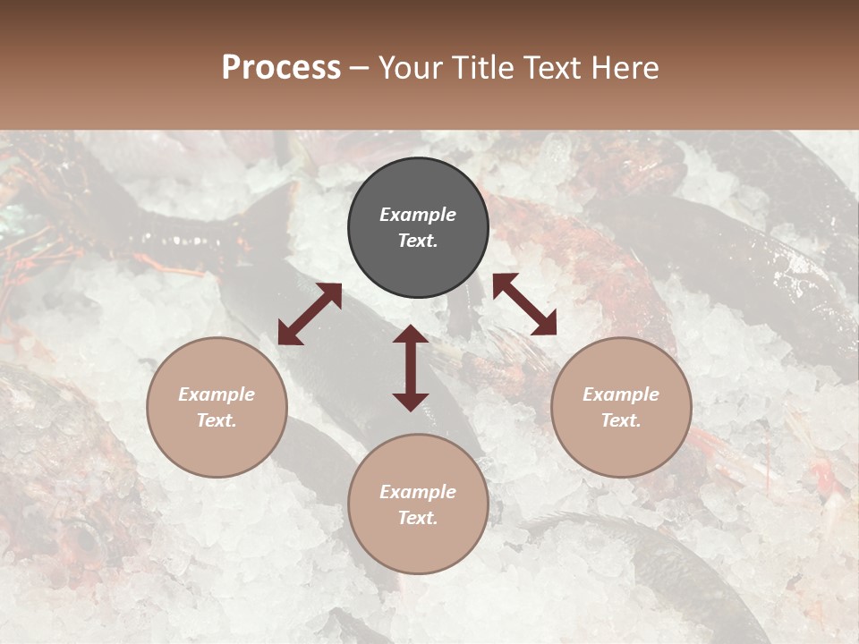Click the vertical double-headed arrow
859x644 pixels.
[x=411, y=368]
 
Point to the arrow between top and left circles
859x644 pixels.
[x=310, y=314]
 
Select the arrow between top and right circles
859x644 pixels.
[x=524, y=304]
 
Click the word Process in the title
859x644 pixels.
[x=281, y=68]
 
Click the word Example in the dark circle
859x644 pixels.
[x=418, y=215]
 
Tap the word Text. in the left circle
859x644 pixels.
[x=217, y=420]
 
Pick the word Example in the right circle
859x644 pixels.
[x=621, y=394]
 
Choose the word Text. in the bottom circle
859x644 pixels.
[x=418, y=518]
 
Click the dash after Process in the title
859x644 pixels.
[x=359, y=68]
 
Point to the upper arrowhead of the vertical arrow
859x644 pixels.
[x=411, y=333]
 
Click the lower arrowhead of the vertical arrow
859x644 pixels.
[x=411, y=402]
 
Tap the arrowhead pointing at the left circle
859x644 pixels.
[x=287, y=335]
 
